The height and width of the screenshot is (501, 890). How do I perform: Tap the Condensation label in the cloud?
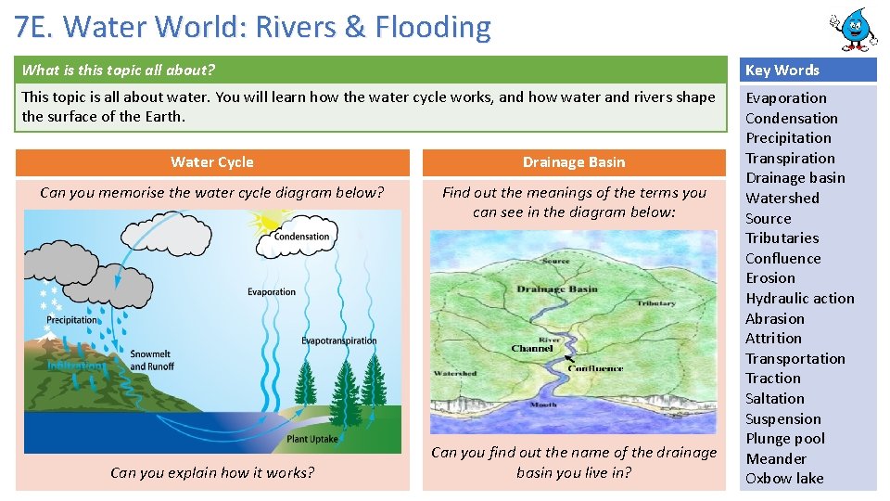[x=301, y=237]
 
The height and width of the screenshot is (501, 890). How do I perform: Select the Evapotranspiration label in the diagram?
[x=338, y=340]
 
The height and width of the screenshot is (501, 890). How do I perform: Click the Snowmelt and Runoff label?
[x=152, y=360]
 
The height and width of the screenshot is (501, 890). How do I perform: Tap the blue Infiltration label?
[x=76, y=366]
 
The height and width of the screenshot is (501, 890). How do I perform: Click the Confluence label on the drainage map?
[x=595, y=368]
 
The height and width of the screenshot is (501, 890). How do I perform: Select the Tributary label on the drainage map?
[x=655, y=303]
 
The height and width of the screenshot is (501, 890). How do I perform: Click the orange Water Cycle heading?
[x=212, y=162]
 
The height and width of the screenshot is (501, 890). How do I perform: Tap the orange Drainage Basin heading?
[x=574, y=162]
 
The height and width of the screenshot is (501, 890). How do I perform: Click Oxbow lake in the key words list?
[x=784, y=479]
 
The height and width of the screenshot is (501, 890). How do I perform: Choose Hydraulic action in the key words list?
[x=800, y=298]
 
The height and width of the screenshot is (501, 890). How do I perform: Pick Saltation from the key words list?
[x=775, y=398]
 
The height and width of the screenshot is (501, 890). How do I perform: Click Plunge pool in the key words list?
[x=785, y=438]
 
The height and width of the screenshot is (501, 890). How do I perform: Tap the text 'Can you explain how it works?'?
[x=212, y=473]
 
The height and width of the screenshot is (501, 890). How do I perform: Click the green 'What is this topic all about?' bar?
[x=371, y=70]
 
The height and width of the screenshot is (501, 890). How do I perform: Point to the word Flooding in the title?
[x=432, y=28]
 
